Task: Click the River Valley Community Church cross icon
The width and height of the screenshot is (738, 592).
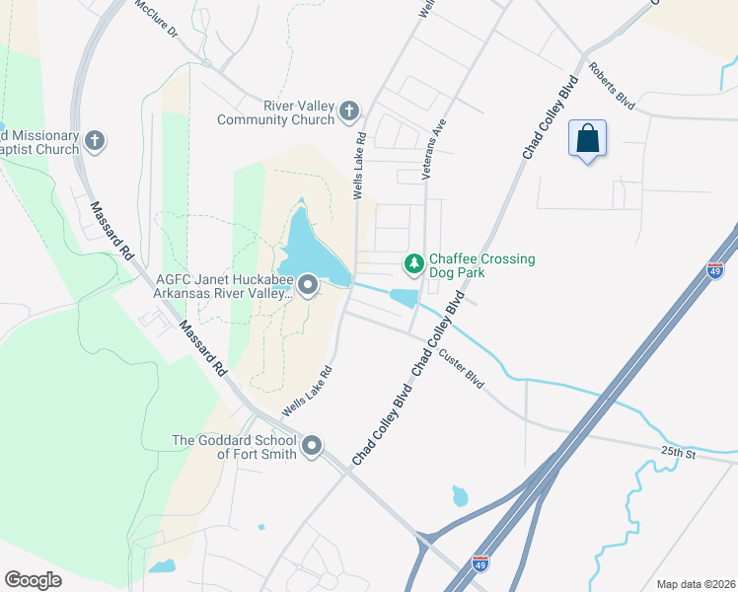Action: coord(349,112)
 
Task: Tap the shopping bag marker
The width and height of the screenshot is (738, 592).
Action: coord(587,139)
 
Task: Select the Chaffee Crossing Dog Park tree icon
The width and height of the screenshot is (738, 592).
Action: coord(414,263)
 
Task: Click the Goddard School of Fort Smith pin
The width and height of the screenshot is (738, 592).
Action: coord(312,447)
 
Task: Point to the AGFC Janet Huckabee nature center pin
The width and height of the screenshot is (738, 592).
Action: coord(307,287)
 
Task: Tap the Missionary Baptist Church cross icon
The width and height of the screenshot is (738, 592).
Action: coord(95,141)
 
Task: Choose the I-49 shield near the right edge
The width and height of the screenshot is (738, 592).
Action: coord(716,269)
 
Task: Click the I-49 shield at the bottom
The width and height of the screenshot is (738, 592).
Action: coord(480,563)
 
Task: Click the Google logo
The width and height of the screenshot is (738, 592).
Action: coord(33,580)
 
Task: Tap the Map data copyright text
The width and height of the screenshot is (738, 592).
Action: coord(696,584)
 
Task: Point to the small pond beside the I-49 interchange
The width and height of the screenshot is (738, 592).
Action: coord(460,495)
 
